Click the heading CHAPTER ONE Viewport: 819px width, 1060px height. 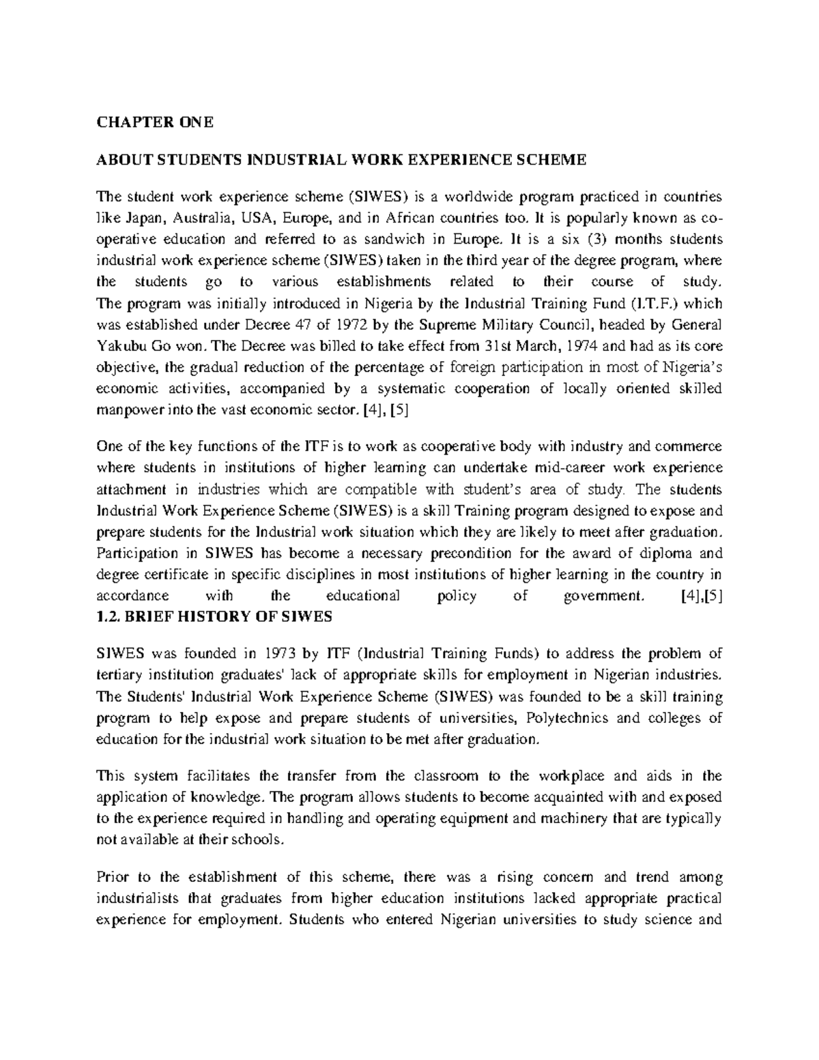pyautogui.click(x=155, y=122)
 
